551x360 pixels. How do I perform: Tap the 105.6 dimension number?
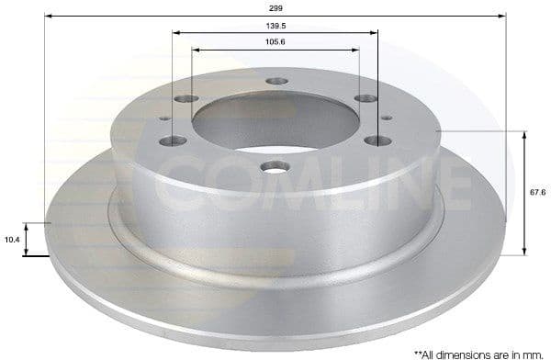275,41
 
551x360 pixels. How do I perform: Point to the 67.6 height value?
538,192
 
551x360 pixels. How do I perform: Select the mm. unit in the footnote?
532,352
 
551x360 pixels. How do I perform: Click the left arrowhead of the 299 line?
49,15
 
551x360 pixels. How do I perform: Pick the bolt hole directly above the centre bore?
276,81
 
